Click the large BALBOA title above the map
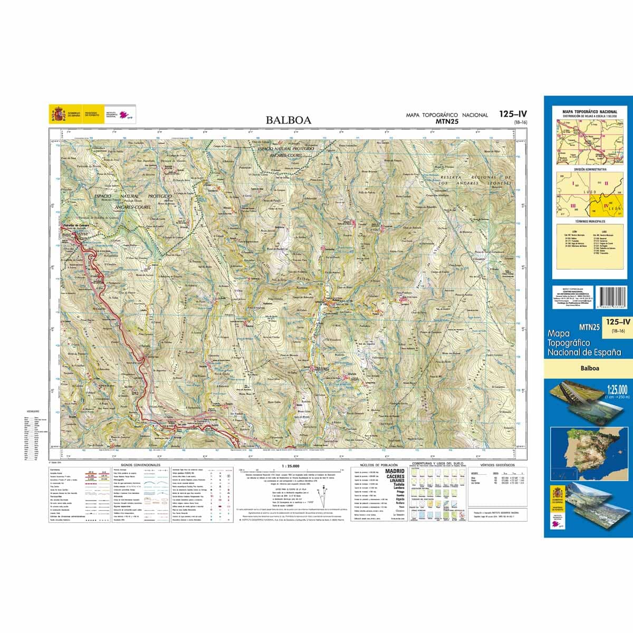click(x=289, y=120)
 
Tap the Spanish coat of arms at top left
click(x=57, y=113)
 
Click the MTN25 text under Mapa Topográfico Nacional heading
click(x=446, y=121)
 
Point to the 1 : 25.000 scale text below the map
click(x=291, y=466)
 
